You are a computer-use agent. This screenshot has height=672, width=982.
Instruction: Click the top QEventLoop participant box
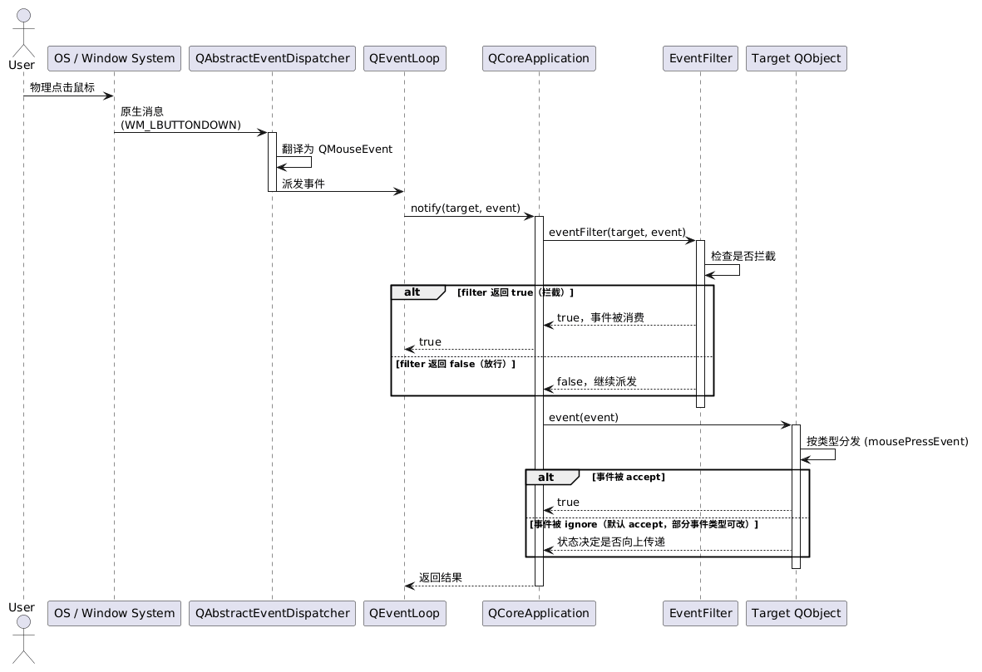pyautogui.click(x=405, y=58)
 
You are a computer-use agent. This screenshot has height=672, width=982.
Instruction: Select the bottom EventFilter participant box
pyautogui.click(x=700, y=613)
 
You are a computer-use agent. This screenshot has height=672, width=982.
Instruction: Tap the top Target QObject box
pyautogui.click(x=796, y=58)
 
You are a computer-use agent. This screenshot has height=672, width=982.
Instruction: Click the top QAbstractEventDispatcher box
pyautogui.click(x=273, y=58)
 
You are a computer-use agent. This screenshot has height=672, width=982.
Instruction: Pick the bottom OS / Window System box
pyautogui.click(x=114, y=613)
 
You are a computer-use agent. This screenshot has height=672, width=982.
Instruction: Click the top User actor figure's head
pyautogui.click(x=23, y=17)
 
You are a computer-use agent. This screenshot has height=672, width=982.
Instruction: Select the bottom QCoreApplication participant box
pyautogui.click(x=539, y=613)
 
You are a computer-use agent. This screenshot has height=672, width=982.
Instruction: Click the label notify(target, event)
pyautogui.click(x=466, y=208)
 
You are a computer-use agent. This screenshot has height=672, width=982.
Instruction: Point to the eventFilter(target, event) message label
pyautogui.click(x=617, y=232)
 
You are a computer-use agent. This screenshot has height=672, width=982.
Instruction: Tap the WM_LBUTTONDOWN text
pyautogui.click(x=180, y=125)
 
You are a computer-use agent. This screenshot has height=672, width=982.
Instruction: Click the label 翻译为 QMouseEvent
pyautogui.click(x=337, y=149)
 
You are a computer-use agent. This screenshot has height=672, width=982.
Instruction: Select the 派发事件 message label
pyautogui.click(x=303, y=184)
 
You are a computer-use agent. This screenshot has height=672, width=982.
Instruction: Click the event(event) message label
pyautogui.click(x=583, y=417)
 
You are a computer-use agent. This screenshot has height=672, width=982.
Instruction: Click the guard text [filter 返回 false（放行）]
pyautogui.click(x=456, y=364)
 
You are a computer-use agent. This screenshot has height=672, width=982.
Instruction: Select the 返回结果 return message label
pyautogui.click(x=440, y=577)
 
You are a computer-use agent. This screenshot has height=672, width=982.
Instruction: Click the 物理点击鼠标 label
pyautogui.click(x=62, y=87)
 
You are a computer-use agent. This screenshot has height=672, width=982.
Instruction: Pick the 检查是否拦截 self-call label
pyautogui.click(x=743, y=256)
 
